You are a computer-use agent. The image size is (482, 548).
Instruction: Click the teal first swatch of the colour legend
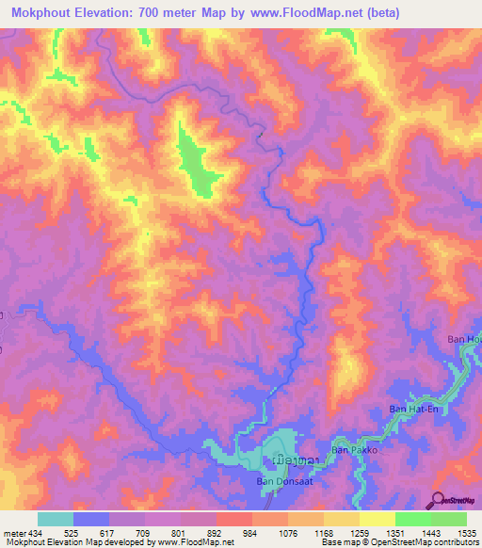coord(56,519)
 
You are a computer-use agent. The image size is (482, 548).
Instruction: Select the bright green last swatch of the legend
coord(448,519)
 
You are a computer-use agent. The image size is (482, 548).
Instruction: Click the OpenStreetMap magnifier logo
coord(438,499)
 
